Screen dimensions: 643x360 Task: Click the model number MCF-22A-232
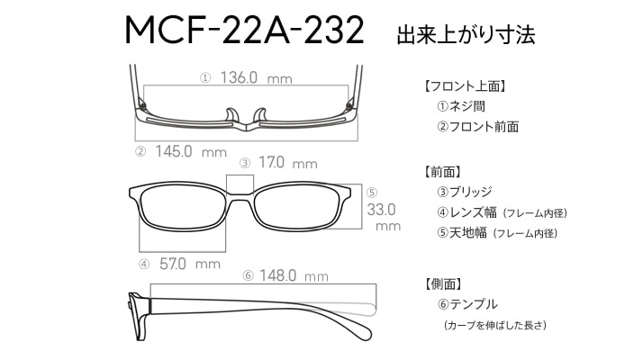coord(244,30)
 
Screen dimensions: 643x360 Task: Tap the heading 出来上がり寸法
coord(466,34)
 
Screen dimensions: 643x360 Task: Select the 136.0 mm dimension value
coord(257,77)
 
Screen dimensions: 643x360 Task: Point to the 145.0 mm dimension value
coord(191,151)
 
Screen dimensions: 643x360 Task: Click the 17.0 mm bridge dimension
coord(288,163)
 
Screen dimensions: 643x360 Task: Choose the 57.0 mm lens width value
coord(190,264)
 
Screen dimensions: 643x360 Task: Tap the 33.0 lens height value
coord(381,210)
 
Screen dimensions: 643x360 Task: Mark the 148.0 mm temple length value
coord(294,275)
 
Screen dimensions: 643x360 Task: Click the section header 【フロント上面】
coord(465,86)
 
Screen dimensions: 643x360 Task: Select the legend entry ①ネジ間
coord(461,106)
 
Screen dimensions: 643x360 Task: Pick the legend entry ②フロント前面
coord(477,127)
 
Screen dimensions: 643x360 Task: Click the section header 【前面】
coord(442,172)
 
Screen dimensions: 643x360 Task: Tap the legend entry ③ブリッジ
coord(464,192)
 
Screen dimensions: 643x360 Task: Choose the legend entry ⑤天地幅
coord(462,233)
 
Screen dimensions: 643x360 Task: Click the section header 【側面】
coord(442,283)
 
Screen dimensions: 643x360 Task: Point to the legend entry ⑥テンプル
coord(467,304)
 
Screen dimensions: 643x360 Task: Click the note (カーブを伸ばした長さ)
coord(495,325)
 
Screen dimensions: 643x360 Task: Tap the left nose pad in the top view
coord(231,115)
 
